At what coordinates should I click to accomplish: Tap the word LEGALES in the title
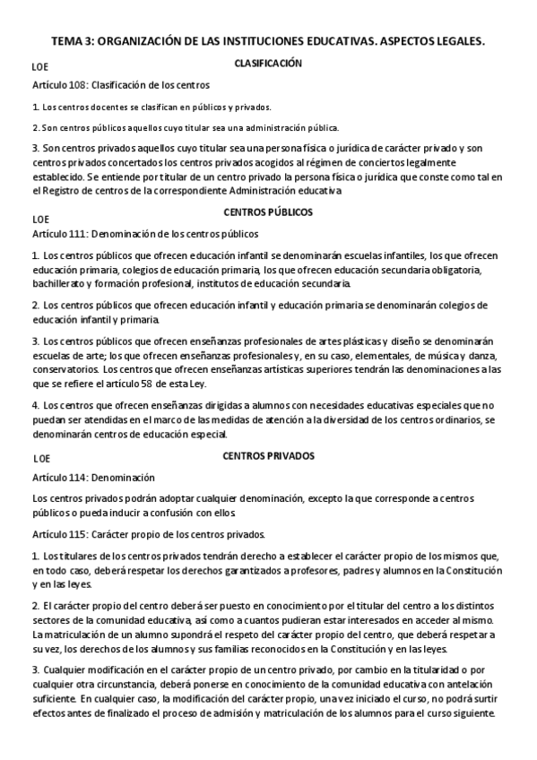[x=457, y=42]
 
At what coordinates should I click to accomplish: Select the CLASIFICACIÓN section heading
[x=268, y=64]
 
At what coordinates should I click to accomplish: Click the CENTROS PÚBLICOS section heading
[x=268, y=212]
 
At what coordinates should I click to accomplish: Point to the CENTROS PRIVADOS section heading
[x=268, y=455]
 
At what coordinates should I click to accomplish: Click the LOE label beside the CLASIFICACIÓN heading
[x=40, y=67]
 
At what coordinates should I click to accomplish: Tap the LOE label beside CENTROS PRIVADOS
[x=40, y=459]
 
